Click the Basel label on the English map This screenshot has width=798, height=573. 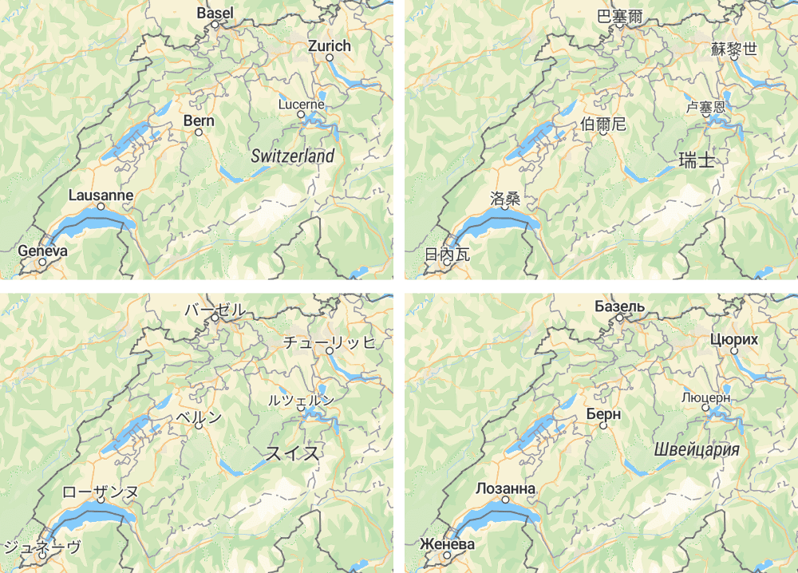click(x=215, y=13)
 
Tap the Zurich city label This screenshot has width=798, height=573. click(x=329, y=46)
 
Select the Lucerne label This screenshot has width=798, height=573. click(x=302, y=105)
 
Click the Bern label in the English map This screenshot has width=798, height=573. click(x=199, y=121)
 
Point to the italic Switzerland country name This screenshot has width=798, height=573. click(x=292, y=156)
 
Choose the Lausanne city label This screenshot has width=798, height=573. click(x=101, y=196)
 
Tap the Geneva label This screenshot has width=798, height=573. click(x=42, y=251)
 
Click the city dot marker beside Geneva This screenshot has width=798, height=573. click(x=42, y=261)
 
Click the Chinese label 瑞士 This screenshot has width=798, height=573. click(x=696, y=160)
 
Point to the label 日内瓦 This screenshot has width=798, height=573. click(x=448, y=255)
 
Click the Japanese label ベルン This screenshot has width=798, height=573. click(x=199, y=417)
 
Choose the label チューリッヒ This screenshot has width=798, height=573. click(x=329, y=342)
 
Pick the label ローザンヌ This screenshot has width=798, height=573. click(x=101, y=491)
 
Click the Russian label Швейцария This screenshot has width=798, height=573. click(x=696, y=449)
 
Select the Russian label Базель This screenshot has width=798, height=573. click(x=619, y=306)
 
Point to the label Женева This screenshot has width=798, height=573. click(x=447, y=544)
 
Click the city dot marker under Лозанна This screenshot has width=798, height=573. click(x=505, y=500)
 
